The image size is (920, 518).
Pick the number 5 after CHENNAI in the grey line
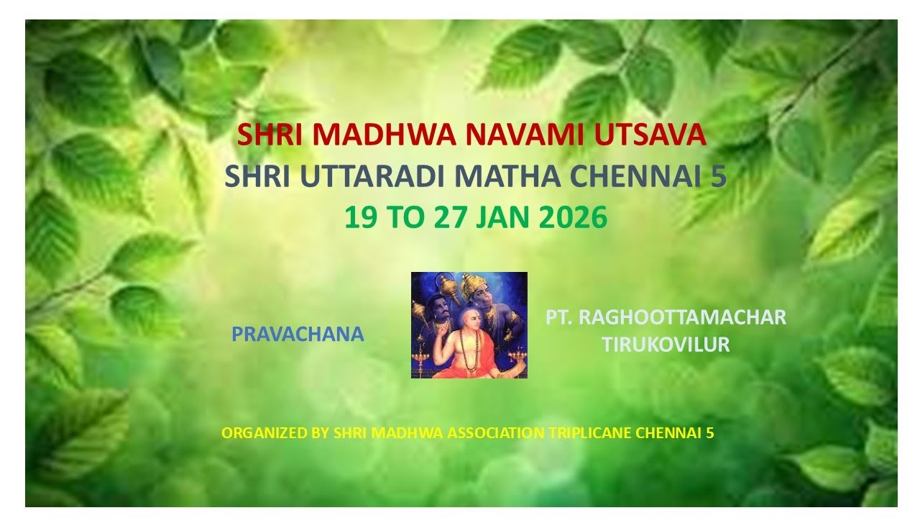719,176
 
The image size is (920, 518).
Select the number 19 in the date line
360,217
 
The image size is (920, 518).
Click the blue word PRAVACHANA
298,335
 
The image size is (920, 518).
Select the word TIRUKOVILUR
666,345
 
